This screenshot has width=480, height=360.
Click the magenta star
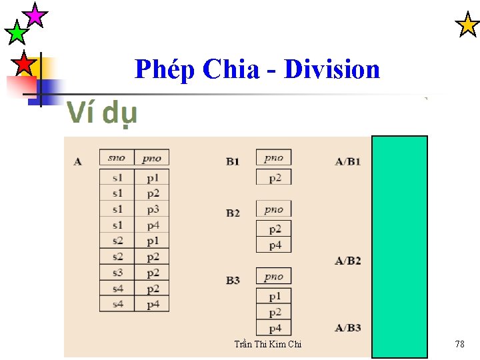(34, 14)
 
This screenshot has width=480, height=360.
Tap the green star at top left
(16, 31)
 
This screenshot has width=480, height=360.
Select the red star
(24, 63)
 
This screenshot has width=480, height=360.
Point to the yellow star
(467, 25)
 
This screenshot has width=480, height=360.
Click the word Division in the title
(332, 69)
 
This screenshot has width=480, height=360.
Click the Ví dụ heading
(102, 114)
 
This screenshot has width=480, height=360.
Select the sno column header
(117, 158)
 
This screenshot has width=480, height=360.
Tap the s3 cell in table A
(117, 273)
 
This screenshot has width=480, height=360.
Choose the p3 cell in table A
(153, 209)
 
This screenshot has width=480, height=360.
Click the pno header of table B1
(273, 158)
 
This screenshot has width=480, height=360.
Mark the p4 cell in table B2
(274, 245)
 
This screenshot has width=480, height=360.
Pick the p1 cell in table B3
(274, 296)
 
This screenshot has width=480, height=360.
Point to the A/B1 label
(347, 161)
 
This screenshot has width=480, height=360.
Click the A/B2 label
(347, 261)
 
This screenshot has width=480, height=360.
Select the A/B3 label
(347, 327)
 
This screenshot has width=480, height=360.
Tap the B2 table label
(233, 213)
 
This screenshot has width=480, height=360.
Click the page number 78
(459, 344)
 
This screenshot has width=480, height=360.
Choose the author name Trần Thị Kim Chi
(267, 344)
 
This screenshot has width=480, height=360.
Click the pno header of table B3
(273, 277)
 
